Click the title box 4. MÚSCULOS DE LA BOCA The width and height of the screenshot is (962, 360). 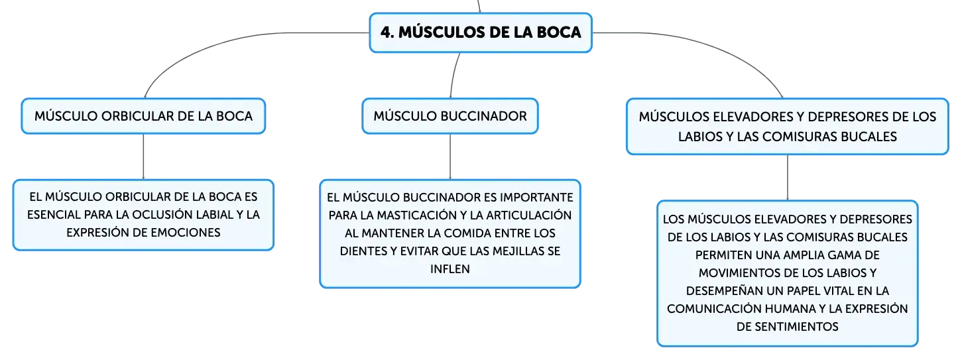481,32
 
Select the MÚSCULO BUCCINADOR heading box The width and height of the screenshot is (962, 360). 450,116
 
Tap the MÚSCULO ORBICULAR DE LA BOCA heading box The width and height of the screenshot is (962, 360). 143,116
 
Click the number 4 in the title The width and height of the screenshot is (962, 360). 385,32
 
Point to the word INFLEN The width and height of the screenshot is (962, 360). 450,269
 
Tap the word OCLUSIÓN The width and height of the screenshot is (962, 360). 162,214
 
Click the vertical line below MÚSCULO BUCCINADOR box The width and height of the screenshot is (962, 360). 450,156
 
